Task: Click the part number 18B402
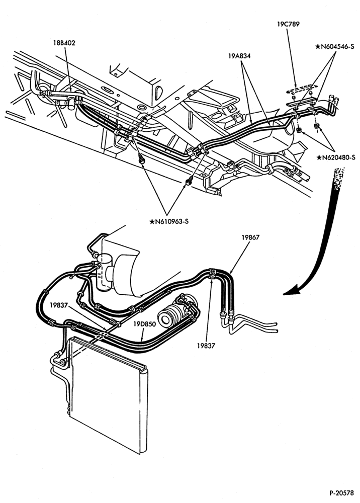coord(64,43)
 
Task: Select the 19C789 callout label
coord(288,24)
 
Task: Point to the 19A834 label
coord(239,56)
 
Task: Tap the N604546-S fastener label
coord(335,46)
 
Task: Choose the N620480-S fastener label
coord(336,157)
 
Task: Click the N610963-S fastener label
coord(168,222)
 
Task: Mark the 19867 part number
coord(250,237)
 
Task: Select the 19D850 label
coord(145,324)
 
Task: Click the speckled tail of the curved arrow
coord(338,177)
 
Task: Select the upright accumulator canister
coord(104,272)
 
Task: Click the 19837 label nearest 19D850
coord(59,305)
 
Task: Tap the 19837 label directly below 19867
coord(206,346)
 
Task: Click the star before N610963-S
coord(152,222)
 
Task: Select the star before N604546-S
coord(318,46)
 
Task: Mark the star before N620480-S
coord(319,157)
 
